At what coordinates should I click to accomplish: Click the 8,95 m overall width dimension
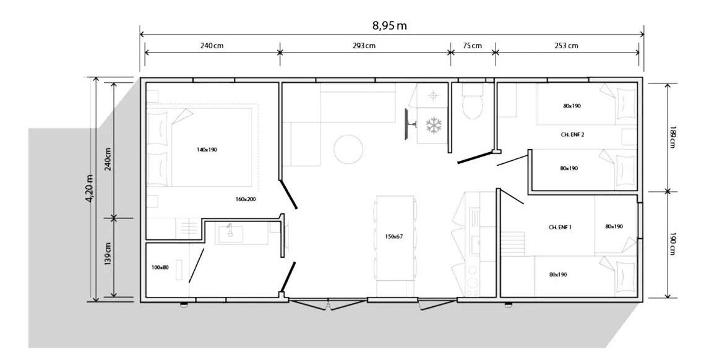tap(390, 25)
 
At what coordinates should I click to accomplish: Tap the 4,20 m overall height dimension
tap(90, 188)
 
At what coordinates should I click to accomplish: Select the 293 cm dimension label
tap(365, 46)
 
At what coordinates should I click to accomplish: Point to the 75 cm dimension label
tap(473, 46)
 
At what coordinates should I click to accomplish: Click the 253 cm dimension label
tap(567, 46)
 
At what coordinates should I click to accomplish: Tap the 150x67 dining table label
tap(394, 237)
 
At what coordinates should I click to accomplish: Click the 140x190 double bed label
tap(206, 150)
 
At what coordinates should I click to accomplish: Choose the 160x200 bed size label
tap(246, 199)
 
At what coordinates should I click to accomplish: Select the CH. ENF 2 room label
tap(573, 134)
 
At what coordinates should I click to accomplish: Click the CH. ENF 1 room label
tap(561, 227)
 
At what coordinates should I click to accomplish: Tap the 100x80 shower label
tap(160, 267)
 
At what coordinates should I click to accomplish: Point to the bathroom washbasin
tap(230, 233)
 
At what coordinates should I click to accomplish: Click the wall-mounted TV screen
tap(406, 124)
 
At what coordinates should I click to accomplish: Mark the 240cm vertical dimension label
tap(108, 159)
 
